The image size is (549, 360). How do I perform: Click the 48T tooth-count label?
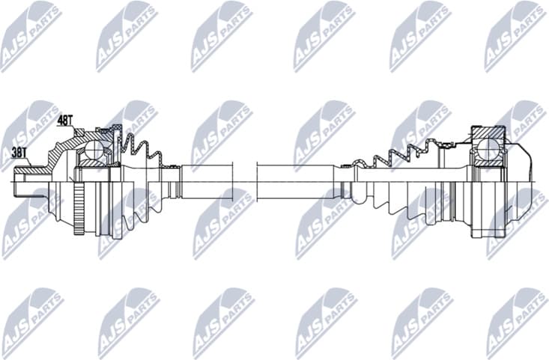[x=66, y=118]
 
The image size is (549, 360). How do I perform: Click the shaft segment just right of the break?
[x=300, y=180]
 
